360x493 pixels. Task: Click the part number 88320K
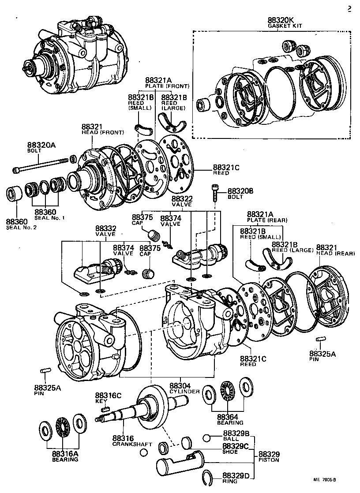click(280, 20)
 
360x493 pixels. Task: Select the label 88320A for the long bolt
click(40, 145)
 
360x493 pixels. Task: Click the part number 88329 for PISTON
click(269, 454)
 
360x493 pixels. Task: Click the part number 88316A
click(62, 453)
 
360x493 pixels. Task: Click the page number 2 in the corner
click(349, 10)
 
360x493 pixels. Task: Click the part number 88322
click(182, 200)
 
